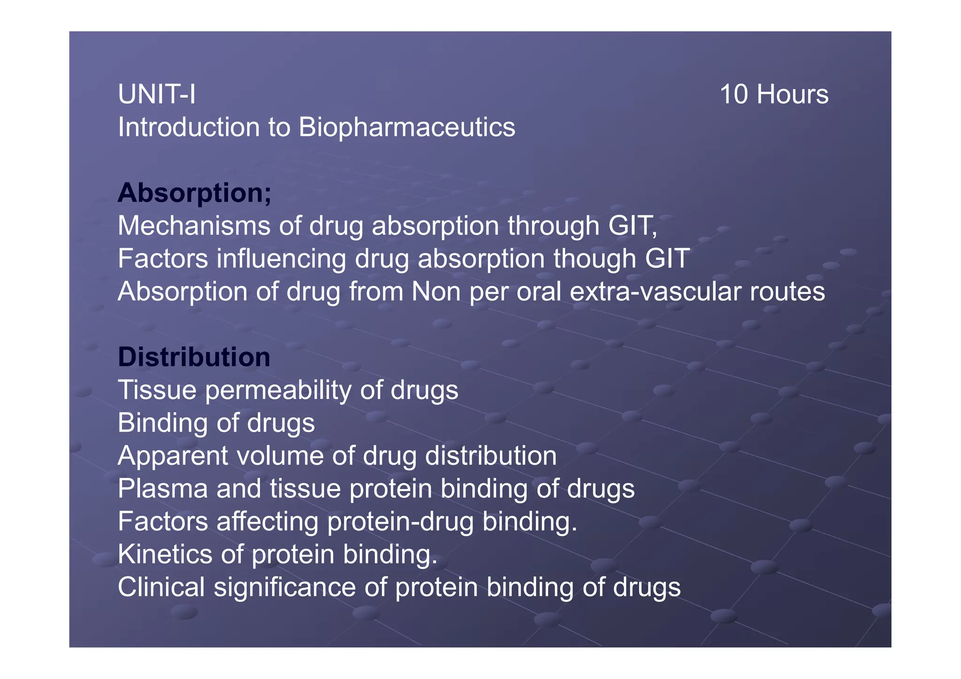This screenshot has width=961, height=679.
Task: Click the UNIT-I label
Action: (x=157, y=94)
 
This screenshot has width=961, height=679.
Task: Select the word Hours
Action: (x=793, y=94)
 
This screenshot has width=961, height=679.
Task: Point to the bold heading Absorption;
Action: (x=194, y=193)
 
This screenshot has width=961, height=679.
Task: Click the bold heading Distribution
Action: (x=194, y=357)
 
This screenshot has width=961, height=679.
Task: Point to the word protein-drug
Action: (x=400, y=522)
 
